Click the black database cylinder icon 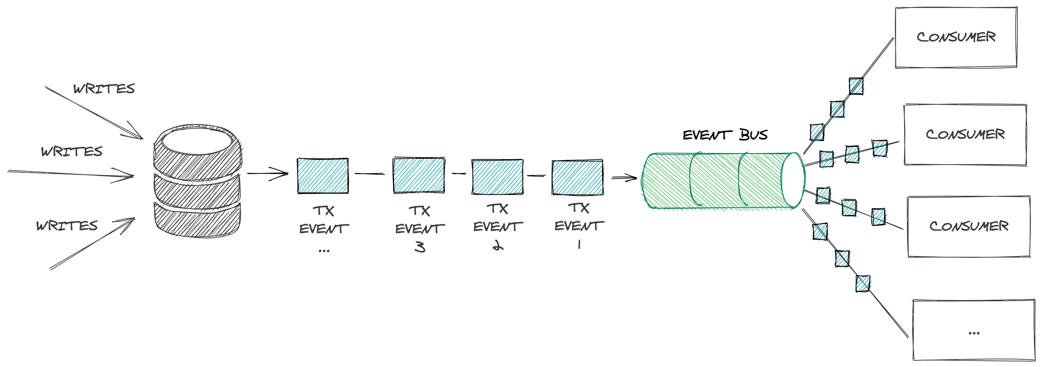198,181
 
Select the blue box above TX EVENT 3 419,175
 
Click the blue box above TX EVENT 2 497,177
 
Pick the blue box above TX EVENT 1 577,177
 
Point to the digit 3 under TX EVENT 420,247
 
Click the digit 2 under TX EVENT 498,245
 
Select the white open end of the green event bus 793,180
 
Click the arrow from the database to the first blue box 267,174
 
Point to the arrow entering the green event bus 624,177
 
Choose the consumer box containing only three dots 974,330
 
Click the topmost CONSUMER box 956,37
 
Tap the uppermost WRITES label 104,89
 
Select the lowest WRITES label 67,226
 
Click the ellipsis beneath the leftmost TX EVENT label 324,251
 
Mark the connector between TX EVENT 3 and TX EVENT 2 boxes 459,174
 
